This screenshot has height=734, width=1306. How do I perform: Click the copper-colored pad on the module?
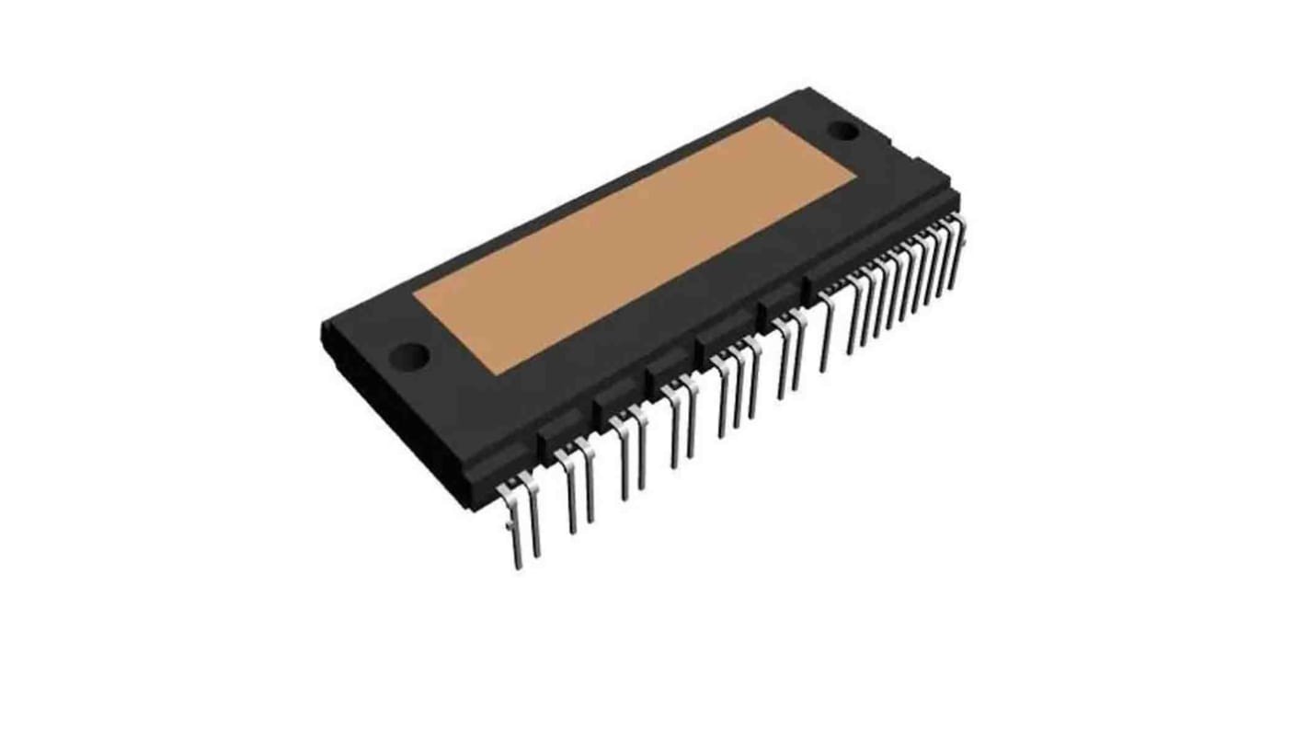coord(635,246)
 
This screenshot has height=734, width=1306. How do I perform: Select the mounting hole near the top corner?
coord(843,130)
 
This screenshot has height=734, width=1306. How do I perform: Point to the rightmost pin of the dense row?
coord(958,248)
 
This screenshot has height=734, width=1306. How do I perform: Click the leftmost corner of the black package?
coord(323,325)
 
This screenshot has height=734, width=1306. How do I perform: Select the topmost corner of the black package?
coord(808,89)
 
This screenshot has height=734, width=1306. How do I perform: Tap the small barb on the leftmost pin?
coord(509,528)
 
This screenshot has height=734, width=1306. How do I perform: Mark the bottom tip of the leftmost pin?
coord(518,567)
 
